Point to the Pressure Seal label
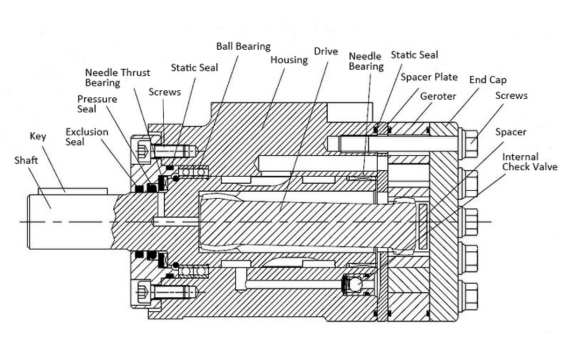pos(94,105)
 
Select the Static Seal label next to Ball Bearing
pos(196,66)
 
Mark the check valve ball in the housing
pos(353,286)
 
